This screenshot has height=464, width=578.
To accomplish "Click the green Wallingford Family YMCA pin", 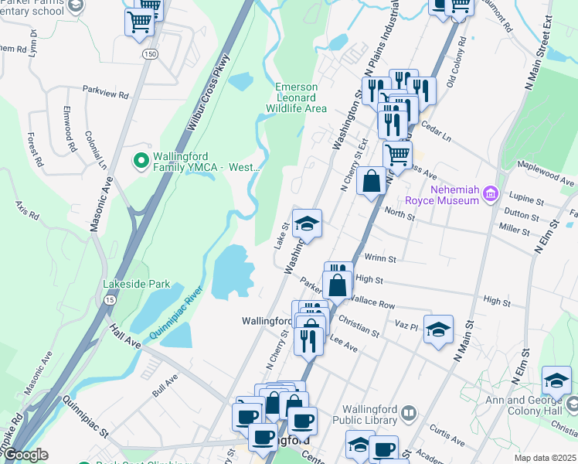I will (x=141, y=161).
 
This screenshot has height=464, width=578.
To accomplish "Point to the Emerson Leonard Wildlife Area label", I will (x=301, y=97).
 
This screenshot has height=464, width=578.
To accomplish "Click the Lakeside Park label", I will (x=137, y=284).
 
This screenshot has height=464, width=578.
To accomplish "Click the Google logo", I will (x=25, y=455).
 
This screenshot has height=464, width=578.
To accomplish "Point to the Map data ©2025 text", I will (x=545, y=458).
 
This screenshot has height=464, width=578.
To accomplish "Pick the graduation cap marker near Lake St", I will (x=307, y=224).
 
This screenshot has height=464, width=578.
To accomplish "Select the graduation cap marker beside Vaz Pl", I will (x=438, y=329).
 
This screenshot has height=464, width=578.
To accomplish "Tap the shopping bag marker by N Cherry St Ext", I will (x=372, y=182).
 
